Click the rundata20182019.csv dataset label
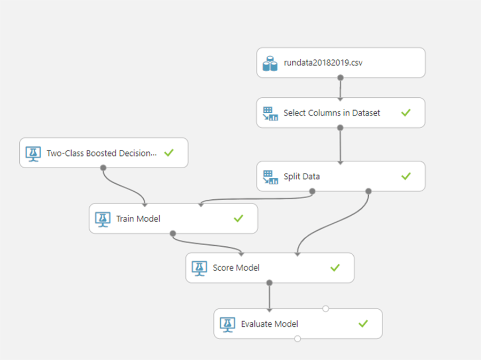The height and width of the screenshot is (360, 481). pos(323,62)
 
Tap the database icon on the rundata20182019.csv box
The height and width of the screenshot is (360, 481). pos(270,64)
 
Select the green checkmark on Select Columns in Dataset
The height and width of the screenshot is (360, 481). pos(406,113)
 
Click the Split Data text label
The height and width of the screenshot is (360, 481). pos(301,176)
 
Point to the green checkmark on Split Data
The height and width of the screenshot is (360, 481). pos(406,176)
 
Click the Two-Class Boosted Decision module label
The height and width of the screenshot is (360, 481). pos(102,153)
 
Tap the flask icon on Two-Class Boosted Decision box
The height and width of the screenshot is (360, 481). pos(33,154)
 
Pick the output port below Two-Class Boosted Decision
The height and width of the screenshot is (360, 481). pos(103,168)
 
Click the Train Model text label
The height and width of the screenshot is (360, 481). pos(138,218)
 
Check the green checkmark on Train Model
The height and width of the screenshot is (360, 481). pos(238,218)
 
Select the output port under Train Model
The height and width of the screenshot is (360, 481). pos(173,233)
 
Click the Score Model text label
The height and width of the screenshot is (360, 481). pos(236,268)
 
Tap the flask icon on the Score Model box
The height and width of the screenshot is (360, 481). pos(199,268)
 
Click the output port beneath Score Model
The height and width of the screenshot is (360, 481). pos(269,283)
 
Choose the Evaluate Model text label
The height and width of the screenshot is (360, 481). pos(269,324)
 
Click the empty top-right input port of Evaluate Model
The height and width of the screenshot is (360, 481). pos(326,309)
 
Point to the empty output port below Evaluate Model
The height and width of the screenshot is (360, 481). pos(297,339)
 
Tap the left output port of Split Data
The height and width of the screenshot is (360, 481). pos(312,191)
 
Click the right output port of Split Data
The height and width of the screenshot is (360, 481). pos(368,191)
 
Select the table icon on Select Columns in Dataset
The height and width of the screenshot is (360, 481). pos(270,113)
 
